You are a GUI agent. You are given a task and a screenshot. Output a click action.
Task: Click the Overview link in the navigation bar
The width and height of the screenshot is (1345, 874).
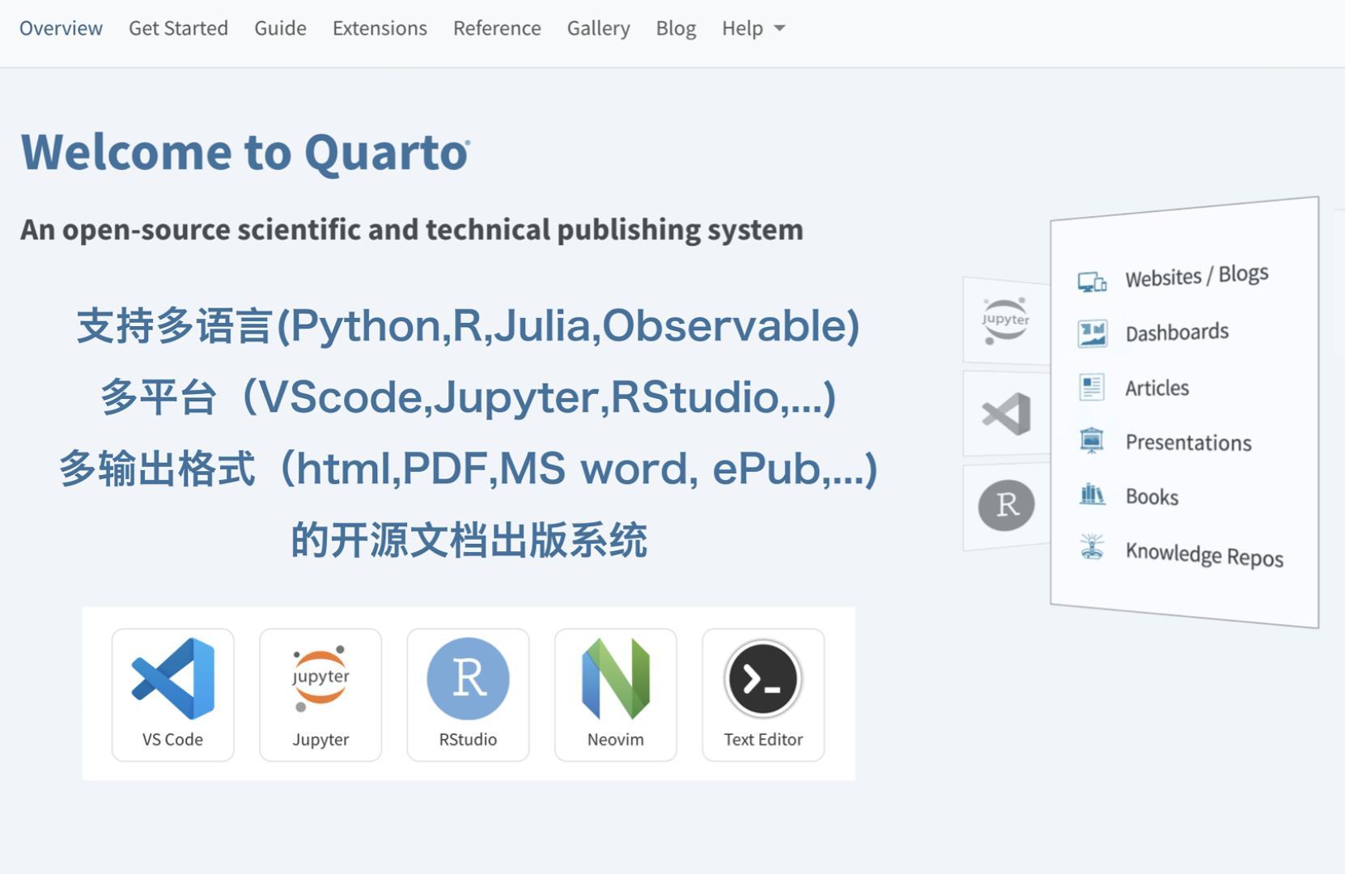61,28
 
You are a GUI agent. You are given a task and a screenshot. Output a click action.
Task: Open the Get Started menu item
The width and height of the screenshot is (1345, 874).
178,28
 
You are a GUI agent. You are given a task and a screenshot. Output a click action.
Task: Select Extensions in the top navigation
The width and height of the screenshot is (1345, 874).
380,28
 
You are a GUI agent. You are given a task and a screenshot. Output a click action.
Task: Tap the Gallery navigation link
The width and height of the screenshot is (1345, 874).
598,28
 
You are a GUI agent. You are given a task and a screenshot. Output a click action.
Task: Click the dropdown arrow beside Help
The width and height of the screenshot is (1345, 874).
779,28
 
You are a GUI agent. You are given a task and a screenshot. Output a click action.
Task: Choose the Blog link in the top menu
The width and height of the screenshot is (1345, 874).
676,28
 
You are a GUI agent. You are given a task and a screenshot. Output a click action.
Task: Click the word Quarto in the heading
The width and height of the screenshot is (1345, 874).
386,152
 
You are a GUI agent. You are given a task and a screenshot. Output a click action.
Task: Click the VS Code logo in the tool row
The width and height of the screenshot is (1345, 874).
173,678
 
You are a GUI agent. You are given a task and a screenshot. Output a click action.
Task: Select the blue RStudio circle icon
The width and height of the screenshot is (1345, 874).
468,678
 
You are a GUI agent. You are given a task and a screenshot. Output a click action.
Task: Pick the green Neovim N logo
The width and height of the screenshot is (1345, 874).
616,678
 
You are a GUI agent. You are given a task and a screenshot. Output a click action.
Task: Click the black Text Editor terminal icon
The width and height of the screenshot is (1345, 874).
763,678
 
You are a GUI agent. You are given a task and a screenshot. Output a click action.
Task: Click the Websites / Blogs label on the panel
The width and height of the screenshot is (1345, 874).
1196,276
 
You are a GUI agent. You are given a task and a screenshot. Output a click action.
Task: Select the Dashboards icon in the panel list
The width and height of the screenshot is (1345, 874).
1092,333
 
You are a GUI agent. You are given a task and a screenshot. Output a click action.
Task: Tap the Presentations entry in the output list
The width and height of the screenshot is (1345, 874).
1188,442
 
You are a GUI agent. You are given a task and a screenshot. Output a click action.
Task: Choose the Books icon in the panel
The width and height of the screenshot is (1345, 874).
1092,494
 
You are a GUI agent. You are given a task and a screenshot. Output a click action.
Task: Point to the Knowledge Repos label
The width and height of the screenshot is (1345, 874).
1204,554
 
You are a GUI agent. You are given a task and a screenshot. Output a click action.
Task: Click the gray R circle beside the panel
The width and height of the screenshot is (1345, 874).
1006,505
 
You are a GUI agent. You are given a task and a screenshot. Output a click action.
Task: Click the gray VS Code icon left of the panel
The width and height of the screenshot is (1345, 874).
1006,414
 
